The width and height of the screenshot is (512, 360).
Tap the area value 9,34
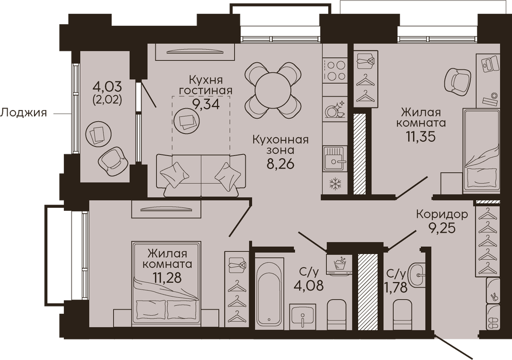pos(205,105)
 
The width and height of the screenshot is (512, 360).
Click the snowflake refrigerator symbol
pos(334,184)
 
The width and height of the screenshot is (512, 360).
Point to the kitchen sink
pos(334,158)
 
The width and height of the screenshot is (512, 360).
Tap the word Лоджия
pos(23,113)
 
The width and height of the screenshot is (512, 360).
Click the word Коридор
pos(442,214)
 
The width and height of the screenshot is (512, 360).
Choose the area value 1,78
pos(396,288)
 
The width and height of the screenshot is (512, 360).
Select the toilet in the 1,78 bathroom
pos(403,314)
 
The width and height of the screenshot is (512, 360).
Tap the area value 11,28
pos(167,278)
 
